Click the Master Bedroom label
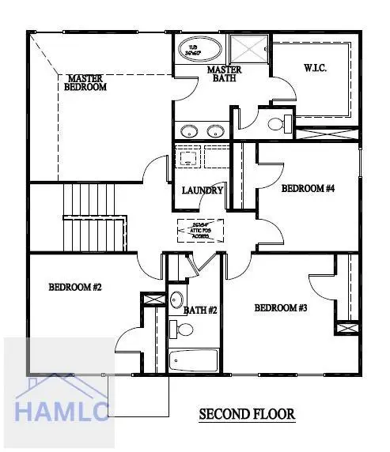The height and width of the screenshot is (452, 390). [x=87, y=83]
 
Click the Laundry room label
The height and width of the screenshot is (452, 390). [x=203, y=190]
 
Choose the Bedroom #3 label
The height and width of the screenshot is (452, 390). [x=281, y=307]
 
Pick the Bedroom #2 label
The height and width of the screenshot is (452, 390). [x=75, y=287]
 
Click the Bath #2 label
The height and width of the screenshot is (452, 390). [x=201, y=311]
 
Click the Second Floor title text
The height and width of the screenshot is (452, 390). [x=247, y=413]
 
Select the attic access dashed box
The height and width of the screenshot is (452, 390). [x=200, y=231]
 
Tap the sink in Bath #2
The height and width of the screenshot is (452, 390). [x=177, y=299]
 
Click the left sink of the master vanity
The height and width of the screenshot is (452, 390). [x=187, y=131]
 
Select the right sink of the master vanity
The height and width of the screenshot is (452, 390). [x=214, y=131]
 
